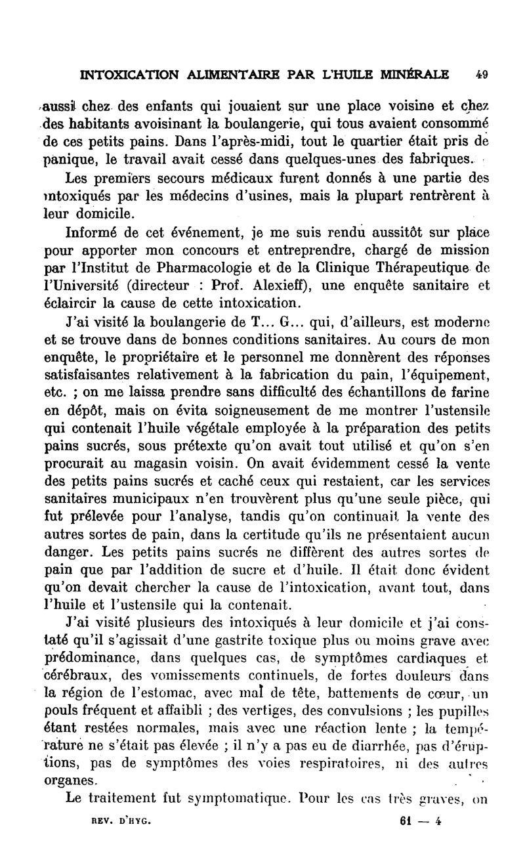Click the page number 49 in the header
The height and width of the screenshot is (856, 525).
click(482, 74)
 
